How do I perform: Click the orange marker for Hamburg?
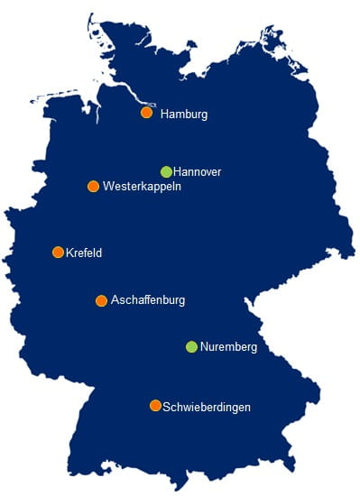click(146, 113)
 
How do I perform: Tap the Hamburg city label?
click(184, 115)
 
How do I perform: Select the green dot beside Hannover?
click(166, 171)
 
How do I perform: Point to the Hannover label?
click(197, 171)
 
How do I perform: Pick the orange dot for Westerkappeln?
click(93, 187)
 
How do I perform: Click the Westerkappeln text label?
click(143, 187)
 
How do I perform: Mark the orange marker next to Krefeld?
click(58, 253)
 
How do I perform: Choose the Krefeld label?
click(84, 253)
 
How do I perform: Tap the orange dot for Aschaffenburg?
click(101, 300)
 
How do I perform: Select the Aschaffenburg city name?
click(147, 300)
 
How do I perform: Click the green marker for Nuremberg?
click(191, 346)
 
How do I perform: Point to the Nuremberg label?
click(229, 347)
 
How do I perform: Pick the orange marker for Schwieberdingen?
click(155, 406)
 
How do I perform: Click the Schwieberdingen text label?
click(207, 408)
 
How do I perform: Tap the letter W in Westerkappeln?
click(108, 187)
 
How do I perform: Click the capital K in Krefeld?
click(69, 253)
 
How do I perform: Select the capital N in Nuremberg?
click(204, 347)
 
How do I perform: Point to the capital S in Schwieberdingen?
click(167, 408)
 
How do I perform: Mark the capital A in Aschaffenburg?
click(114, 300)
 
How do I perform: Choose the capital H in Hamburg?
click(164, 115)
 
